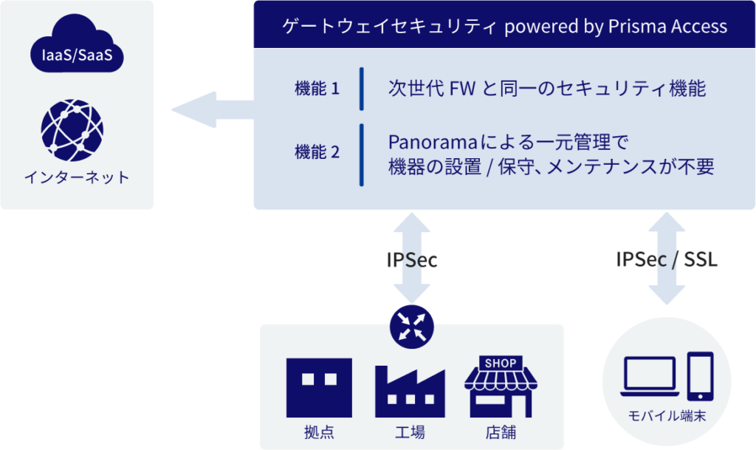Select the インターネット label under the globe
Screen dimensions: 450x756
77,177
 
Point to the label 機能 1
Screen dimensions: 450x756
317,89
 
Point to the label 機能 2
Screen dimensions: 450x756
317,152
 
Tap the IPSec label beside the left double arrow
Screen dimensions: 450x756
412,259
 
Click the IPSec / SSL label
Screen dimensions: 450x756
667,259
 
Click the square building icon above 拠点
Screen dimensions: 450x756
319,388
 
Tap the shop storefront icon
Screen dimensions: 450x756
501,387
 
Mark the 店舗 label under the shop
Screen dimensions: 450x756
501,432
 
